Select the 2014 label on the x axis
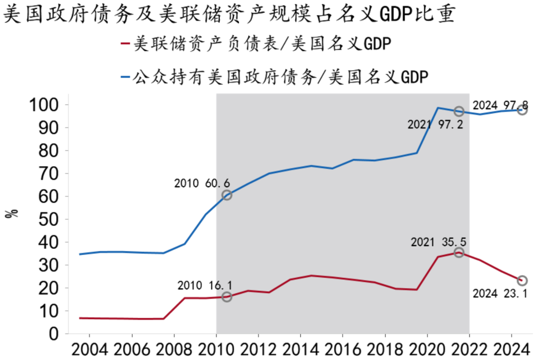pyautogui.click(x=301, y=349)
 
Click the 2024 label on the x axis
pyautogui.click(x=512, y=349)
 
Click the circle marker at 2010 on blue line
pyautogui.click(x=227, y=195)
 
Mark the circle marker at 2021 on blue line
pyautogui.click(x=459, y=111)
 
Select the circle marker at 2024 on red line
pyautogui.click(x=522, y=281)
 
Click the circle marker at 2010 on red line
pyautogui.click(x=227, y=297)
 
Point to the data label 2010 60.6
pyautogui.click(x=202, y=183)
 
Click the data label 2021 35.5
pyautogui.click(x=439, y=243)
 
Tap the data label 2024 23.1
pyautogui.click(x=500, y=293)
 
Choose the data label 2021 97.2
pyautogui.click(x=435, y=125)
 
